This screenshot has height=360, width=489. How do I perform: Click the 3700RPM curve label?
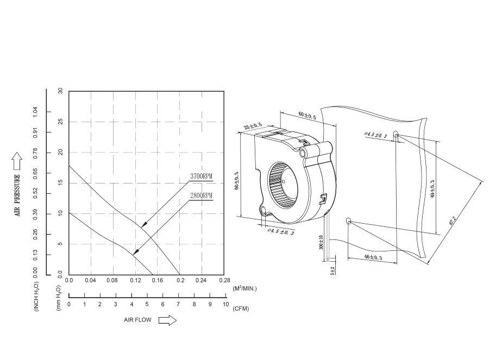[201, 176]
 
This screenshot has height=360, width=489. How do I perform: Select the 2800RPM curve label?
[201, 195]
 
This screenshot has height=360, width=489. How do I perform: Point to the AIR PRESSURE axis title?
[17, 195]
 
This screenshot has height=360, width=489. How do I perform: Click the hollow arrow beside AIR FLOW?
[167, 320]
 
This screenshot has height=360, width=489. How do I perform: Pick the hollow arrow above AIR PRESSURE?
[16, 161]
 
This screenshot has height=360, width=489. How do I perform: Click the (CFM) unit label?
[240, 308]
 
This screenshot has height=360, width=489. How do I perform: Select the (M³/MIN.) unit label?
[244, 288]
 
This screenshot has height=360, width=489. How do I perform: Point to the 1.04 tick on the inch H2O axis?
[35, 111]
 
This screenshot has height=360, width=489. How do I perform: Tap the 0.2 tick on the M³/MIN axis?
[180, 280]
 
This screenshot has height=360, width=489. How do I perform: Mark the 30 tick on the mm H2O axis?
[60, 91]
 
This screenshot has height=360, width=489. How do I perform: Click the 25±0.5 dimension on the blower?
[253, 127]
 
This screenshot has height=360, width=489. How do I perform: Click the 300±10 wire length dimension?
[322, 242]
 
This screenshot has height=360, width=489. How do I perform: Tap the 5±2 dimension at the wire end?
[333, 270]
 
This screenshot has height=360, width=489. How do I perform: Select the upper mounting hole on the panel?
[396, 134]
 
